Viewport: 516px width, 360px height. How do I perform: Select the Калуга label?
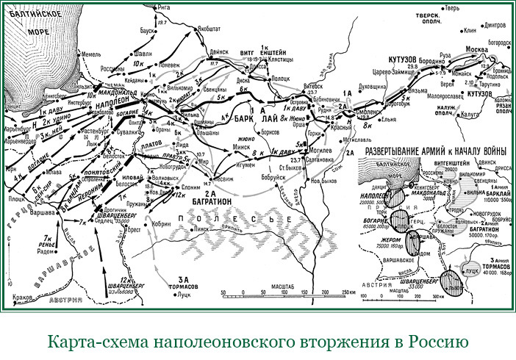click(463, 114)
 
